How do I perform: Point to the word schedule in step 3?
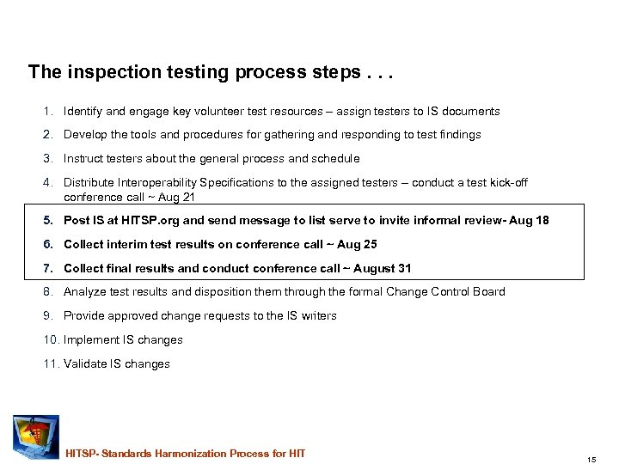click(x=335, y=159)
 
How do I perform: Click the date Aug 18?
click(x=529, y=221)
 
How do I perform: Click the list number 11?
click(x=49, y=364)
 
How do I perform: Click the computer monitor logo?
click(x=34, y=437)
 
